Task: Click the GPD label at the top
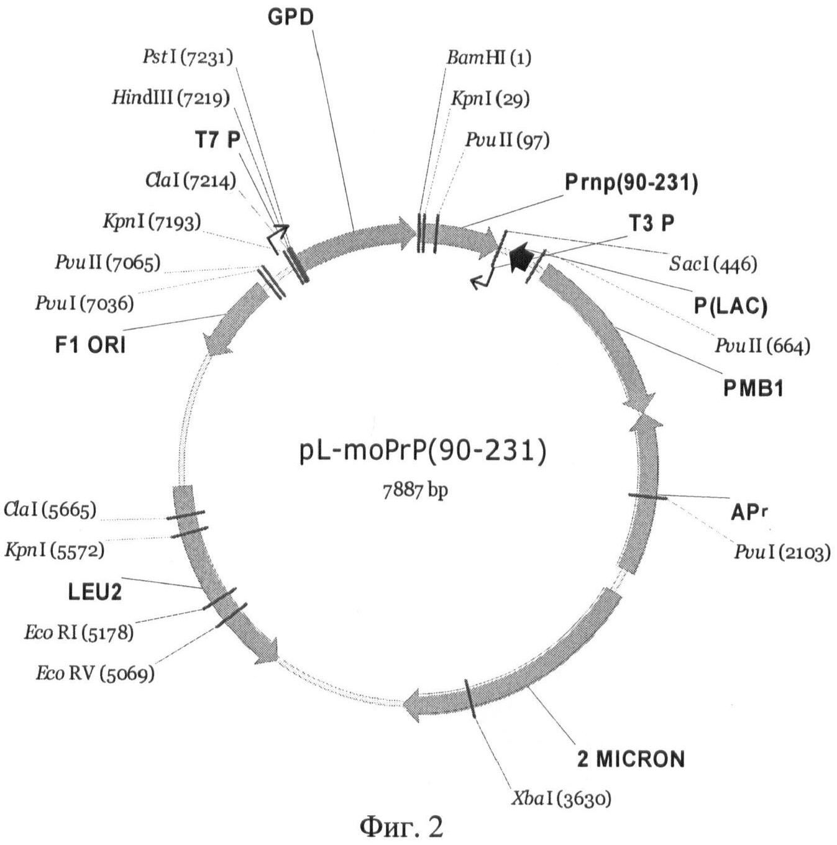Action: pyautogui.click(x=290, y=17)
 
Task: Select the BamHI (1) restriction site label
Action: pyautogui.click(x=488, y=58)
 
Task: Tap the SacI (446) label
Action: pyautogui.click(x=713, y=264)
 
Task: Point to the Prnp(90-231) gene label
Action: pyautogui.click(x=631, y=183)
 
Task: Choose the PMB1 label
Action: pyautogui.click(x=753, y=388)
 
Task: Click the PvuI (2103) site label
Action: pyautogui.click(x=782, y=552)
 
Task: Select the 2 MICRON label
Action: pyautogui.click(x=631, y=759)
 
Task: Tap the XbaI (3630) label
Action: pyautogui.click(x=560, y=798)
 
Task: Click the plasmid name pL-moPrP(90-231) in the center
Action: pyautogui.click(x=423, y=450)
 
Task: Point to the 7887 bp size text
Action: pyautogui.click(x=415, y=490)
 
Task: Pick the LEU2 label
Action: pyautogui.click(x=94, y=591)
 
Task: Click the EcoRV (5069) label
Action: pyautogui.click(x=94, y=673)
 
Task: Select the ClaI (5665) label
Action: pyautogui.click(x=50, y=509)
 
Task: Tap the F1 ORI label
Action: pyautogui.click(x=90, y=345)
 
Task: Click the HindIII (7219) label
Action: pyautogui.click(x=170, y=98)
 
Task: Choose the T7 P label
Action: pyautogui.click(x=217, y=140)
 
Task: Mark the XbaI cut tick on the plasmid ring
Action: pyautogui.click(x=470, y=698)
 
